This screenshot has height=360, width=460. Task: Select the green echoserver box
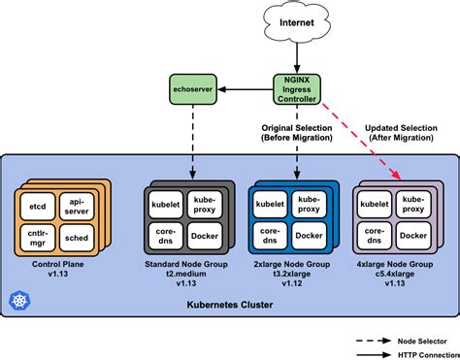(x=192, y=85)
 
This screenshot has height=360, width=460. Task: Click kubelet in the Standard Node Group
(x=166, y=205)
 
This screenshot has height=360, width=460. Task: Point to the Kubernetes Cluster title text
(x=229, y=306)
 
